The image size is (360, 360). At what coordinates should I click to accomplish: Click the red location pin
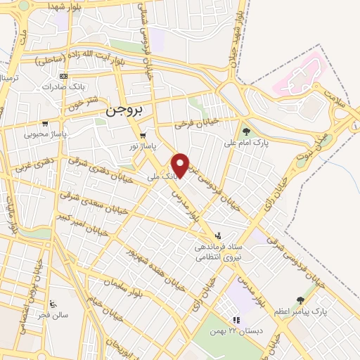(181, 165)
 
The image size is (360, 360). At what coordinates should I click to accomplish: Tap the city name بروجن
(124, 111)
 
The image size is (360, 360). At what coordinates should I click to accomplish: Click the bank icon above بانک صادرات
(64, 76)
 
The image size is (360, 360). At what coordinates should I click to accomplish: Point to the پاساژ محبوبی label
(46, 133)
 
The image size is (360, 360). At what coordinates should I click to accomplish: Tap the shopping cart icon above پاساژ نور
(143, 135)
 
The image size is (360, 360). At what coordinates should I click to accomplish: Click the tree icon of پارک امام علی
(245, 131)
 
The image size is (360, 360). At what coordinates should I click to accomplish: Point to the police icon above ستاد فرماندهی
(217, 236)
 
